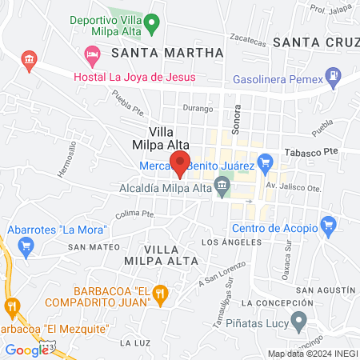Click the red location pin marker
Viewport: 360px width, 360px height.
pos(180,162)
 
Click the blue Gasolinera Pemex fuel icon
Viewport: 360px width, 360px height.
pos(332,79)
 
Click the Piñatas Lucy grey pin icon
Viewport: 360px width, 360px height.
pos(299,322)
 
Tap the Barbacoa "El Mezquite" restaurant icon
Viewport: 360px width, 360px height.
pos(12,306)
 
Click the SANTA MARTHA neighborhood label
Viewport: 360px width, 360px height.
pos(167,53)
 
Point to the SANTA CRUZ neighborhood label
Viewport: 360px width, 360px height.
pos(315,42)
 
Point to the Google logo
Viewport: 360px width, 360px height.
pos(26,349)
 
